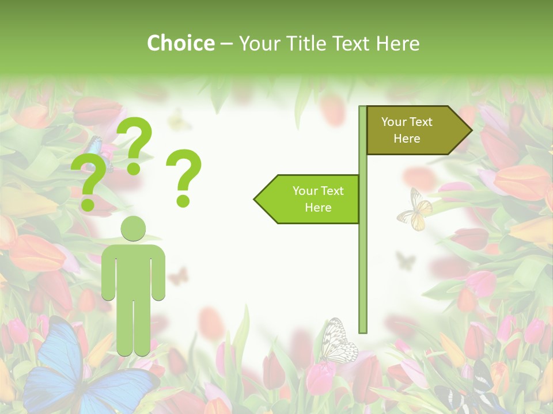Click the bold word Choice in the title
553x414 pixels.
click(x=180, y=44)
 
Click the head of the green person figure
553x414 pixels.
click(x=133, y=228)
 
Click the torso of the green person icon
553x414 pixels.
click(x=133, y=270)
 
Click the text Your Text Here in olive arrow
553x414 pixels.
click(x=407, y=130)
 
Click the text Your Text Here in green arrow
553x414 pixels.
click(x=317, y=199)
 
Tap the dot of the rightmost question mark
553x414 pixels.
click(x=183, y=201)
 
